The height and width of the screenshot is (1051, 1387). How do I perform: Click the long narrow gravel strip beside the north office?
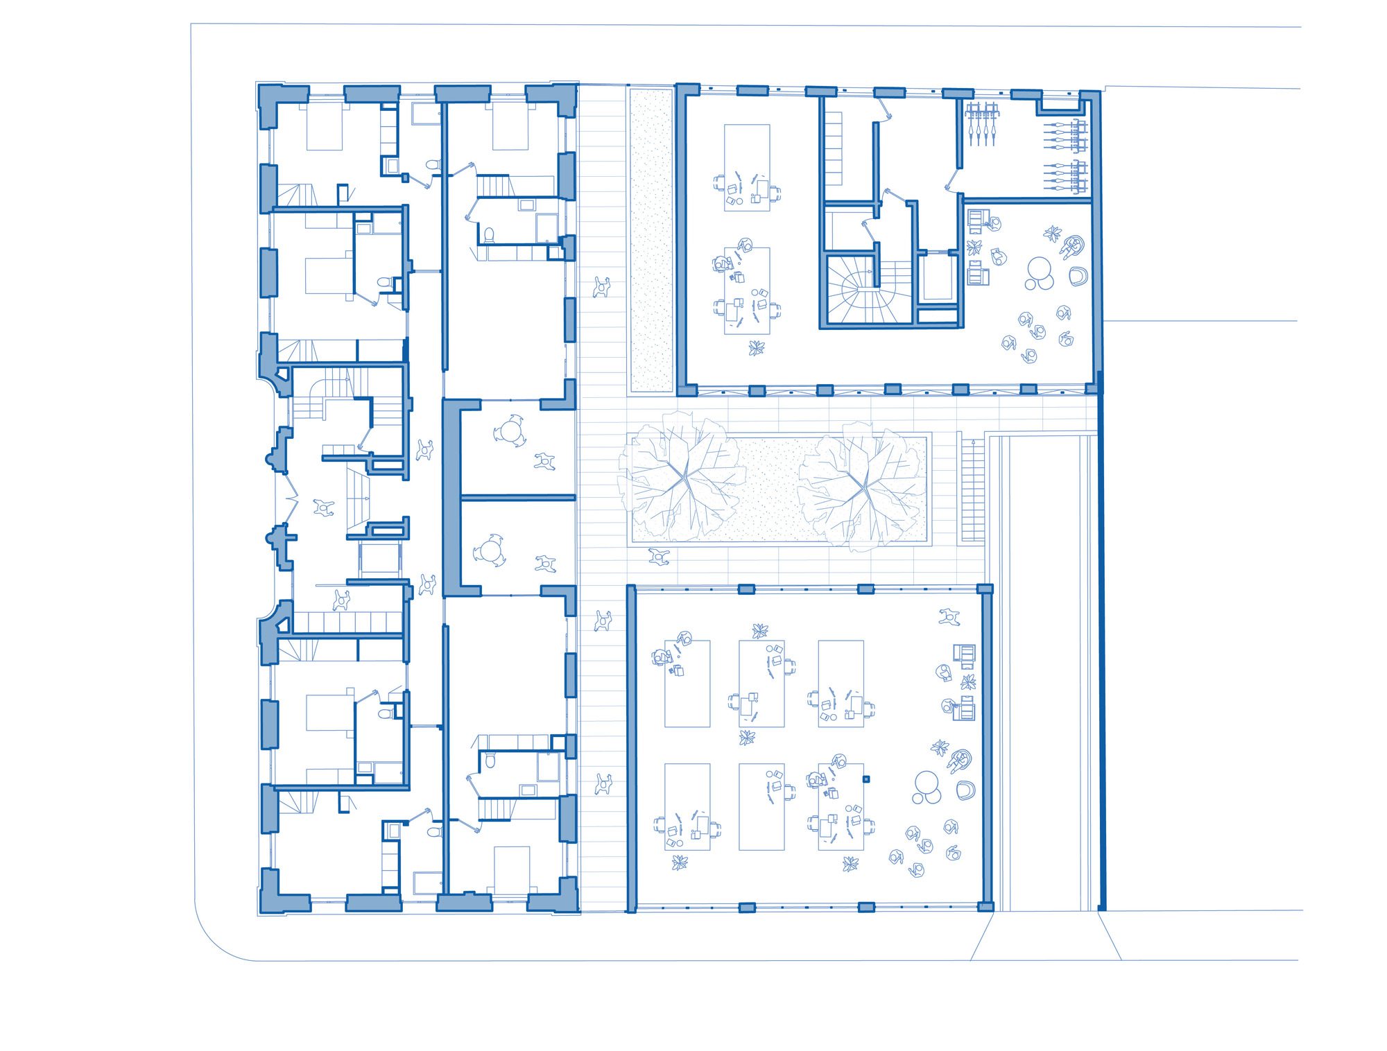coord(651,239)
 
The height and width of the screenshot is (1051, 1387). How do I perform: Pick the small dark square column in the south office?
coord(865,779)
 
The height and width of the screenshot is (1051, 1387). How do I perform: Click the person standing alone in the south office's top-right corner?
coord(949,616)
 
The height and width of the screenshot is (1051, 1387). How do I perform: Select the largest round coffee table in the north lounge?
coord(1039,268)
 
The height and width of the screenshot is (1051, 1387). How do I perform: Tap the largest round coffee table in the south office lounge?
coord(927,783)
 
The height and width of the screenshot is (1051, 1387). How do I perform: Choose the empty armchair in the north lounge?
coord(1078,277)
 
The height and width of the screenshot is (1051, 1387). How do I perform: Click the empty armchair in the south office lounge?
coord(965,790)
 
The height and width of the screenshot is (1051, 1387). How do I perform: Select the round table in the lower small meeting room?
coord(490,552)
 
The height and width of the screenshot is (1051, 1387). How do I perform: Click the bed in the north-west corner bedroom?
coord(324,128)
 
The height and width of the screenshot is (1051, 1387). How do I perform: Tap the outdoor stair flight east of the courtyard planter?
coord(973,489)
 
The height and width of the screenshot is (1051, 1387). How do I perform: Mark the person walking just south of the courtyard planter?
coord(659,556)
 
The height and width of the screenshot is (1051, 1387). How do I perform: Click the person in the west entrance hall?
coord(323,508)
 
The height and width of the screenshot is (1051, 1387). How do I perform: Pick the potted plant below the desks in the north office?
coord(756,347)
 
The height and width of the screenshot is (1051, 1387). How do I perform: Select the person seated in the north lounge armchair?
coord(1071,245)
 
